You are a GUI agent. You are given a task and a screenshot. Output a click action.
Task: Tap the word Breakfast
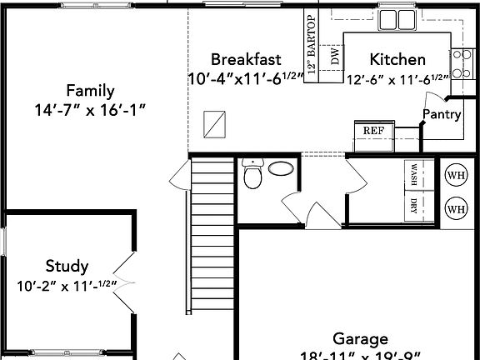245,59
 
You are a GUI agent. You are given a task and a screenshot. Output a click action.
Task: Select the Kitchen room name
397,59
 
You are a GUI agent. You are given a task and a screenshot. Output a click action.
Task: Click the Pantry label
442,114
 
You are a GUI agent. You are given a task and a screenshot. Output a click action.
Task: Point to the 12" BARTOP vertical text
312,47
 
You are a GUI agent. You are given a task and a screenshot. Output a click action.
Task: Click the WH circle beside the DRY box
456,207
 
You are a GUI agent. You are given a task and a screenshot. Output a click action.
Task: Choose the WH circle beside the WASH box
456,175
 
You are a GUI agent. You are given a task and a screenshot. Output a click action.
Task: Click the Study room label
67,267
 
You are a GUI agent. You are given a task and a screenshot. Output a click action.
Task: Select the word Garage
360,339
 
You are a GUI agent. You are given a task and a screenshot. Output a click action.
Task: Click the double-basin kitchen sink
397,18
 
